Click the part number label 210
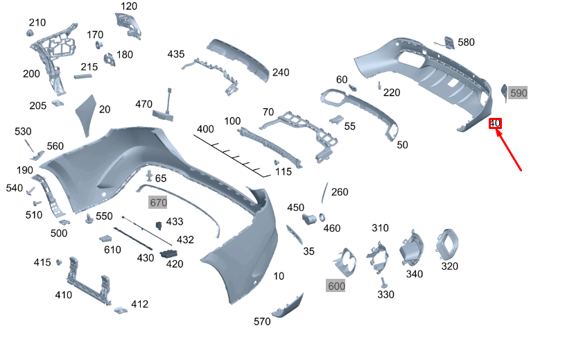pyautogui.click(x=37, y=22)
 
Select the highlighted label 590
pyautogui.click(x=519, y=93)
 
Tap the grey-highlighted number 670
pyautogui.click(x=159, y=203)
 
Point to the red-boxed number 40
pyautogui.click(x=495, y=123)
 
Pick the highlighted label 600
pyautogui.click(x=336, y=286)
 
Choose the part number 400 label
pyautogui.click(x=205, y=129)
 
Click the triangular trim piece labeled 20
pyautogui.click(x=86, y=109)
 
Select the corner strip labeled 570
pyautogui.click(x=287, y=307)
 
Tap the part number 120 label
pyautogui.click(x=129, y=6)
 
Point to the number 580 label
pyautogui.click(x=466, y=42)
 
